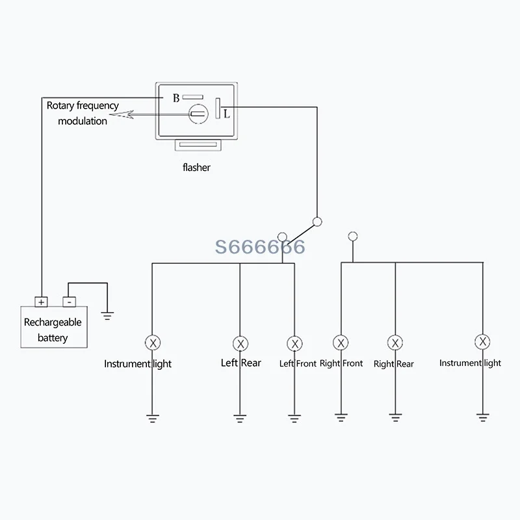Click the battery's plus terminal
(x=41, y=302)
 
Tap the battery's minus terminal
(x=69, y=302)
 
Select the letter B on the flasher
(x=176, y=98)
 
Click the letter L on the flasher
(x=226, y=114)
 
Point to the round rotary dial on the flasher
(x=198, y=114)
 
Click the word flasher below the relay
(x=196, y=167)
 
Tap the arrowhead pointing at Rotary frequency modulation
(x=121, y=115)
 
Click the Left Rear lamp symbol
(x=240, y=344)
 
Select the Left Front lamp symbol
(x=294, y=344)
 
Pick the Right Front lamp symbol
(x=341, y=343)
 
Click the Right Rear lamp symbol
(x=395, y=343)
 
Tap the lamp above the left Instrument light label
(x=153, y=343)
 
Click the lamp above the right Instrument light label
(x=482, y=342)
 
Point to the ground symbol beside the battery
(x=107, y=316)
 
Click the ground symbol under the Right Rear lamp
(x=395, y=417)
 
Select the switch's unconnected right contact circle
(x=353, y=237)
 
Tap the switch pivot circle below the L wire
(x=317, y=222)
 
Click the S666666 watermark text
(x=260, y=247)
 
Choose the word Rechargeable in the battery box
(x=53, y=322)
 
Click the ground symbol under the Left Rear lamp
(x=240, y=419)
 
